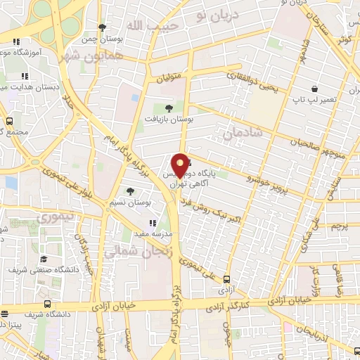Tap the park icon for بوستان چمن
tap(103, 27)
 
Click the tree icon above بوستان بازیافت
tap(168, 108)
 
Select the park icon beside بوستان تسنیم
tap(129, 191)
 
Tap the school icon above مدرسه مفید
tap(153, 222)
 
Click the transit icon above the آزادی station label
tap(226, 279)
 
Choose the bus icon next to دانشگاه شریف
tap(46, 304)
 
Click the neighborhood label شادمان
tap(243, 131)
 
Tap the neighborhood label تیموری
tap(57, 217)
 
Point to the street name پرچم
tap(339, 226)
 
